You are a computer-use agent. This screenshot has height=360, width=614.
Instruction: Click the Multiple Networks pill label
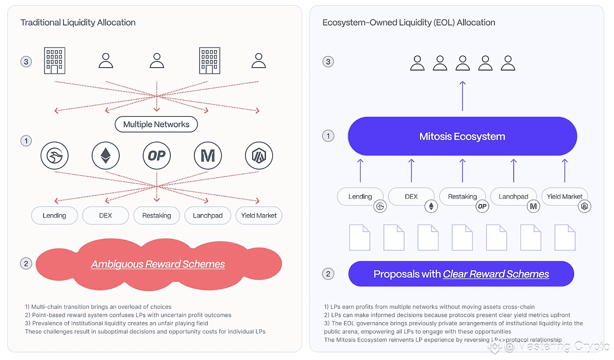pyautogui.click(x=156, y=124)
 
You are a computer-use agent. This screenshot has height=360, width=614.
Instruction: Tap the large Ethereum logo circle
pyautogui.click(x=105, y=155)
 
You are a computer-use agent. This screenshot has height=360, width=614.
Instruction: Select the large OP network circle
pyautogui.click(x=157, y=155)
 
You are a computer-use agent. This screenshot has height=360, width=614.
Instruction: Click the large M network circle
pyautogui.click(x=208, y=155)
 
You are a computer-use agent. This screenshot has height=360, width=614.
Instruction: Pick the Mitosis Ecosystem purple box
pyautogui.click(x=463, y=136)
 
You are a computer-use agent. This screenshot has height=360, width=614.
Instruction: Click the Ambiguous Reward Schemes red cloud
pyautogui.click(x=159, y=264)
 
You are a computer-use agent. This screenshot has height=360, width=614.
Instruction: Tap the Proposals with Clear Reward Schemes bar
pyautogui.click(x=461, y=274)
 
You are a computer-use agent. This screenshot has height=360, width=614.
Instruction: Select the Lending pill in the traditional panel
pyautogui.click(x=55, y=216)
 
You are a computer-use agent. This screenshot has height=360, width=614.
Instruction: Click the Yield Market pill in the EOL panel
pyautogui.click(x=564, y=196)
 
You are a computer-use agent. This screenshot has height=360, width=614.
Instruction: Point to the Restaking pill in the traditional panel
pyautogui.click(x=157, y=216)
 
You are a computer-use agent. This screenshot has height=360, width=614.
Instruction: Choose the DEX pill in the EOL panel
pyautogui.click(x=411, y=196)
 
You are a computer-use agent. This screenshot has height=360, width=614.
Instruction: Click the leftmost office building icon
pyautogui.click(x=55, y=60)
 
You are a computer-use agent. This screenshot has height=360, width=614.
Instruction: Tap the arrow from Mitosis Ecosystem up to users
pyautogui.click(x=463, y=96)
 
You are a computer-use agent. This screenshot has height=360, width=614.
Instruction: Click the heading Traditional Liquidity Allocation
pyautogui.click(x=78, y=22)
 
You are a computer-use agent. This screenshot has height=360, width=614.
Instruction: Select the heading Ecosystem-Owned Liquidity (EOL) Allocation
pyautogui.click(x=409, y=22)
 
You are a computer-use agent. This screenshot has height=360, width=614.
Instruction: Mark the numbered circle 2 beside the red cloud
pyautogui.click(x=26, y=263)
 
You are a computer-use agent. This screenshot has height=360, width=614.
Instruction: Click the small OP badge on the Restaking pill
pyautogui.click(x=482, y=206)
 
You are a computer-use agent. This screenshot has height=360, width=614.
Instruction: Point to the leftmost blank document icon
pyautogui.click(x=360, y=238)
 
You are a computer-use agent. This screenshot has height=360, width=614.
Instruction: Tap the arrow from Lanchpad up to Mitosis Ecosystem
pyautogui.click(x=513, y=170)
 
